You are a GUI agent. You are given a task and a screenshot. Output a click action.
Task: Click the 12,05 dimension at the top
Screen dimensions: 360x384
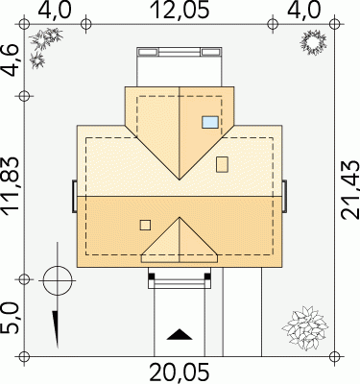click(x=181, y=10)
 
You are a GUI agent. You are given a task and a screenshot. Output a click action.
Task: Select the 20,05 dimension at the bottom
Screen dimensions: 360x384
click(x=180, y=372)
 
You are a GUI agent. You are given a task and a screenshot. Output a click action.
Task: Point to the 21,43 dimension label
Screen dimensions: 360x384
click(x=350, y=190)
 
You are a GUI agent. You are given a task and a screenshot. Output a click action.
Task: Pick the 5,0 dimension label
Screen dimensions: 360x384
click(x=11, y=319)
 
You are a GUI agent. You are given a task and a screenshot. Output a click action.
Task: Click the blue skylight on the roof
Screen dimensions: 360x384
click(x=210, y=122)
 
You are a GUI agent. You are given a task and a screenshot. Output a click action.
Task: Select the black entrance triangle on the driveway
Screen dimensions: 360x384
click(x=180, y=334)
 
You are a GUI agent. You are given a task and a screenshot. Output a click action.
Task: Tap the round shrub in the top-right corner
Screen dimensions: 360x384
click(x=313, y=42)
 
